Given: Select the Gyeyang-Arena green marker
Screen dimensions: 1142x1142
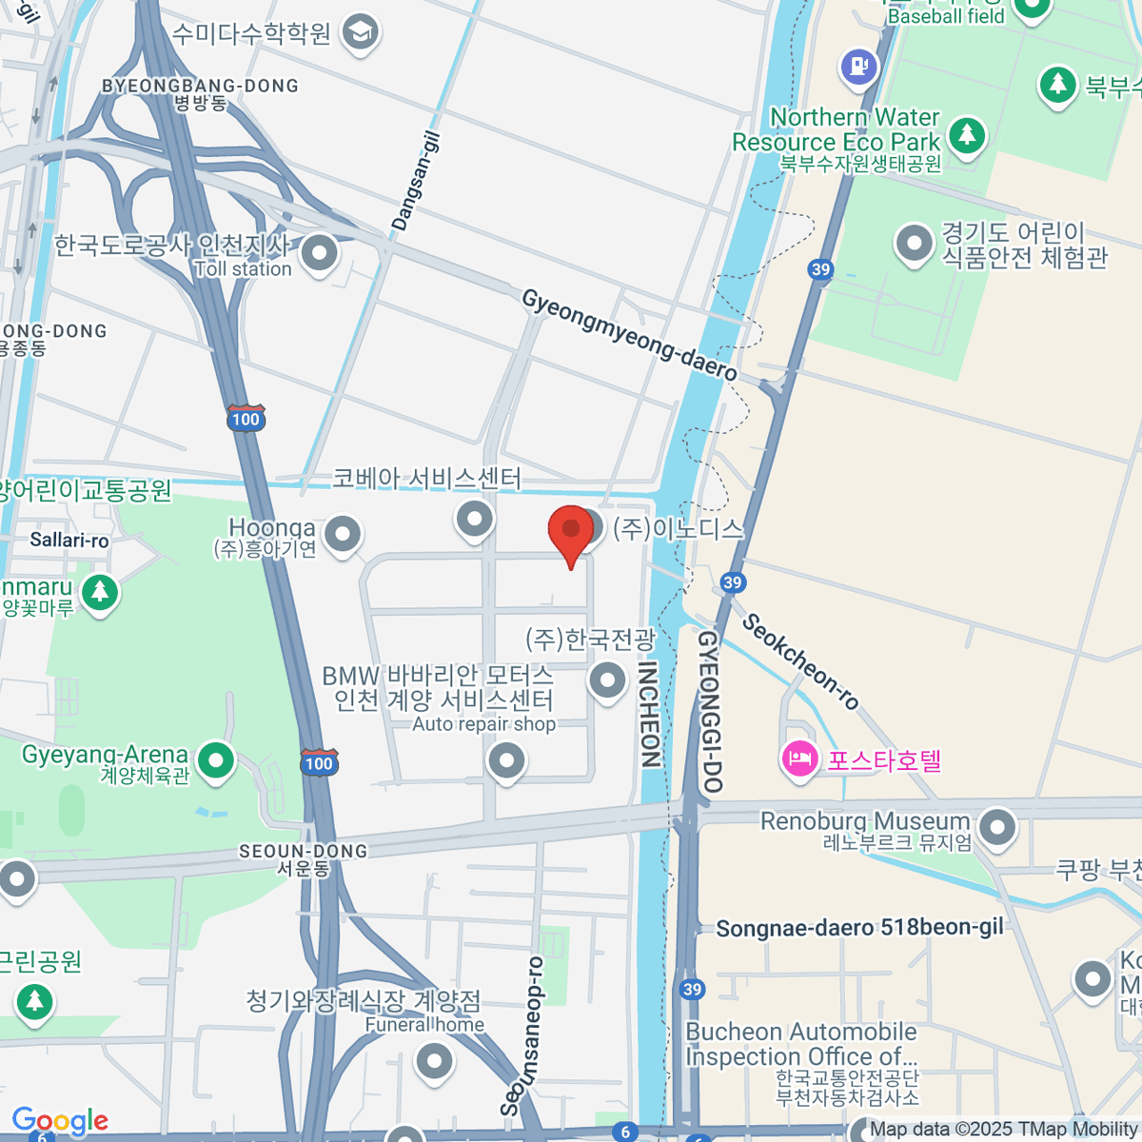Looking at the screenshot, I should pyautogui.click(x=217, y=760).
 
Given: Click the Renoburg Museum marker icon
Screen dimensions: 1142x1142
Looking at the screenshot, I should pyautogui.click(x=997, y=826).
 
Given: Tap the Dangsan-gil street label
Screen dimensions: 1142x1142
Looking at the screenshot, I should pyautogui.click(x=417, y=182).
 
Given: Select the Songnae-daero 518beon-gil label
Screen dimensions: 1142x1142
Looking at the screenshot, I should pyautogui.click(x=859, y=928).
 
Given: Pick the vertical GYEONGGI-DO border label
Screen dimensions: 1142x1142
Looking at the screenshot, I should pyautogui.click(x=711, y=711).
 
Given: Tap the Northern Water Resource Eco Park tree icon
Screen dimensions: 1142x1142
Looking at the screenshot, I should pyautogui.click(x=967, y=133).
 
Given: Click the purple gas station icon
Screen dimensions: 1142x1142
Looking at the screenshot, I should pyautogui.click(x=859, y=67).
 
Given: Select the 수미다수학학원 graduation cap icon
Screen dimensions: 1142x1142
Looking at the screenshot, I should pyautogui.click(x=361, y=33).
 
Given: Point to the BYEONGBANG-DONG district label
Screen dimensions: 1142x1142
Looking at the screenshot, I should pyautogui.click(x=200, y=86).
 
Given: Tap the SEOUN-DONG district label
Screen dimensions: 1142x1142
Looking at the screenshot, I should pyautogui.click(x=303, y=851).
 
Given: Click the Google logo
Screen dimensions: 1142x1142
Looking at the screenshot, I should pyautogui.click(x=60, y=1121).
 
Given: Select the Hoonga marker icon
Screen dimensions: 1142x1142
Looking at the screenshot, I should pyautogui.click(x=343, y=535).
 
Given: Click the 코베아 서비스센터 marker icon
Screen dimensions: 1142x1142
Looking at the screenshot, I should pyautogui.click(x=474, y=519).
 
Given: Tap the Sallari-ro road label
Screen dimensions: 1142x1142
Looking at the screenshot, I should pyautogui.click(x=69, y=541).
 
